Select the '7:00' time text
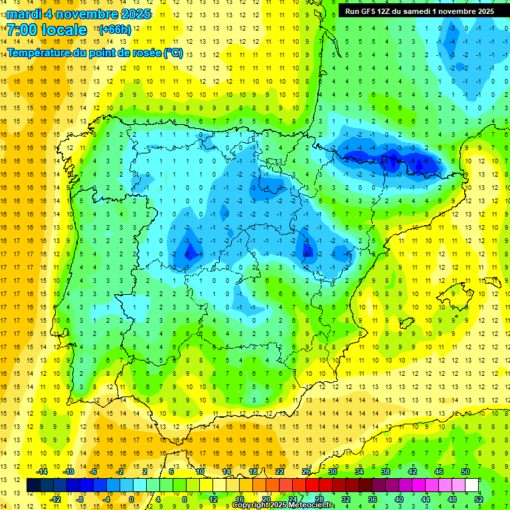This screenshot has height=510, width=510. (23, 30)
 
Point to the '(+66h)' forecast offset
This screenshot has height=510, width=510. (115, 30)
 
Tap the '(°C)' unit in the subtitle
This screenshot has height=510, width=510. (173, 52)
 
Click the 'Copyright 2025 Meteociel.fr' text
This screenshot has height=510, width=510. (283, 505)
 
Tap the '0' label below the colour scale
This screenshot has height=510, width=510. (131, 499)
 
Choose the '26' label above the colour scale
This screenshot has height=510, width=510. (305, 471)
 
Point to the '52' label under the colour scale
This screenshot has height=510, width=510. (479, 499)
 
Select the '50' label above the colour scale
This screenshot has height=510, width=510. (466, 471)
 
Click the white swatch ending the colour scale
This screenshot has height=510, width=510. (472, 485)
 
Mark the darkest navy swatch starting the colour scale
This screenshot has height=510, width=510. (33, 485)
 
